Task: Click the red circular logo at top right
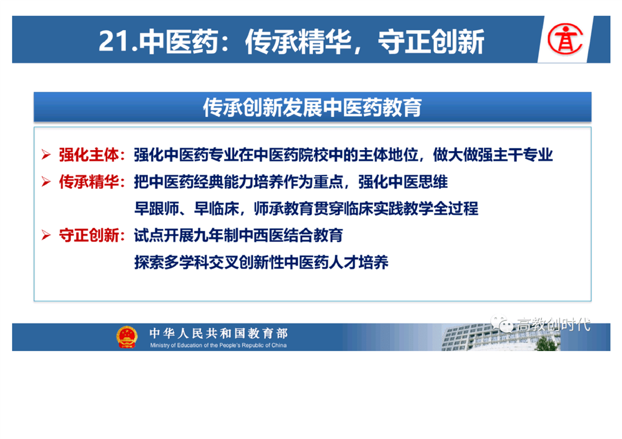pyautogui.click(x=565, y=39)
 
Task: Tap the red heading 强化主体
pyautogui.click(x=89, y=154)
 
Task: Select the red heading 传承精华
pyautogui.click(x=89, y=182)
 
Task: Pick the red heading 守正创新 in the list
pyautogui.click(x=89, y=235)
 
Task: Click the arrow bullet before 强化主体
pyautogui.click(x=46, y=154)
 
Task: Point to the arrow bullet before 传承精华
pyautogui.click(x=46, y=182)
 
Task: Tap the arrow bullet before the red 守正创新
pyautogui.click(x=46, y=235)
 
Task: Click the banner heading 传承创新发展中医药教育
pyautogui.click(x=312, y=107)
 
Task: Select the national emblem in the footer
pyautogui.click(x=127, y=337)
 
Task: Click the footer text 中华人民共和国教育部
pyautogui.click(x=218, y=333)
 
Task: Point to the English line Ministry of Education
pyautogui.click(x=218, y=345)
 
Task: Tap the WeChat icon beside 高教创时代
pyautogui.click(x=502, y=324)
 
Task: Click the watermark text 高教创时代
pyautogui.click(x=553, y=324)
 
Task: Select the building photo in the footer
pyautogui.click(x=501, y=337)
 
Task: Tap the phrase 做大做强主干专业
pyautogui.click(x=493, y=154)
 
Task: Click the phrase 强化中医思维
pyautogui.click(x=403, y=182)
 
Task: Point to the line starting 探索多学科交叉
pyautogui.click(x=261, y=262)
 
